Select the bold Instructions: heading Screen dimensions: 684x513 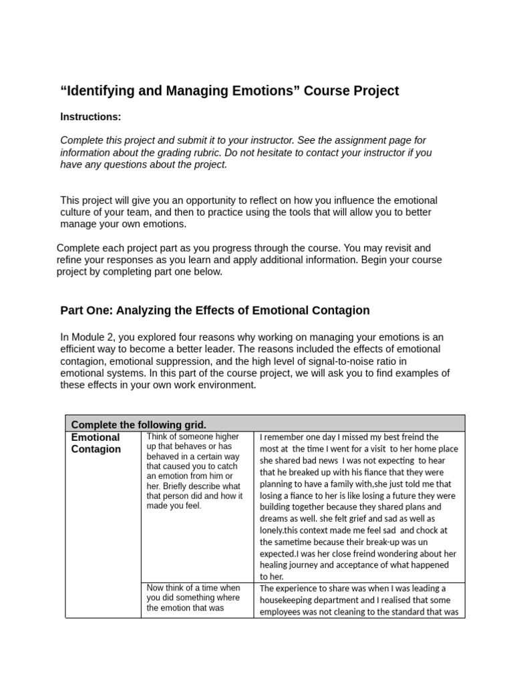(x=91, y=117)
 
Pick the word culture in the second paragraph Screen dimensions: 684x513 (x=77, y=212)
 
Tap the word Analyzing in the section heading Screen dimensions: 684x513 (x=146, y=311)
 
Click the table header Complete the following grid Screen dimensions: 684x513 (x=139, y=424)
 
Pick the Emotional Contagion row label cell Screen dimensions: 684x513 (x=96, y=444)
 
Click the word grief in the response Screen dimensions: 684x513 (x=357, y=518)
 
